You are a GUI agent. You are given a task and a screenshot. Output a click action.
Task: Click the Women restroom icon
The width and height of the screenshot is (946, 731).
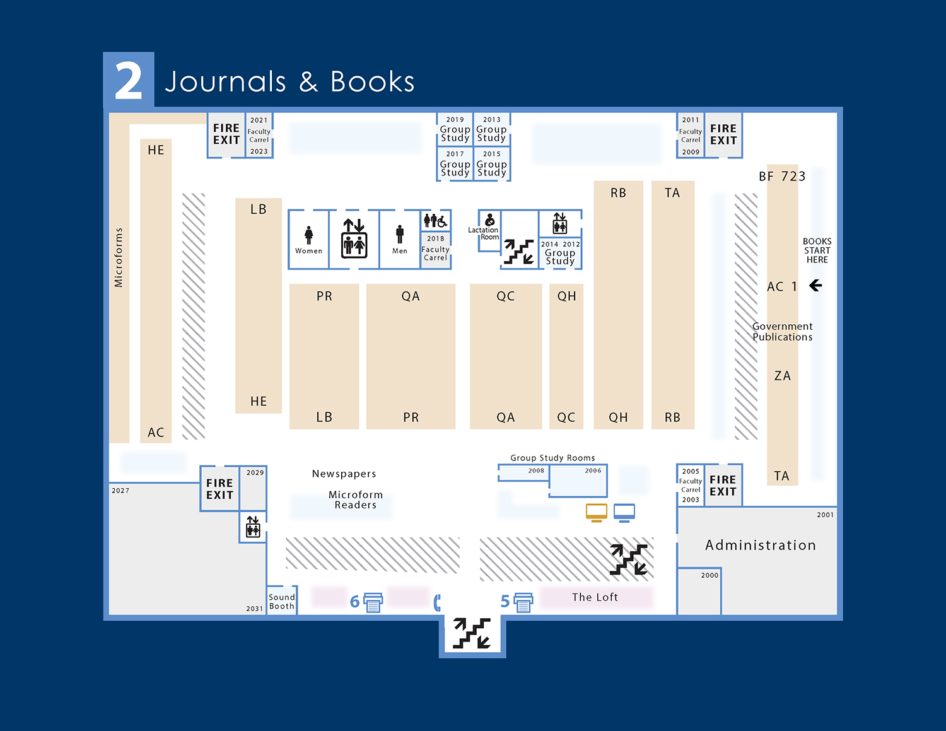[x=308, y=235]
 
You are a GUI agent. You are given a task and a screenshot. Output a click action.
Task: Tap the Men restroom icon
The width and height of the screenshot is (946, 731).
[x=400, y=234]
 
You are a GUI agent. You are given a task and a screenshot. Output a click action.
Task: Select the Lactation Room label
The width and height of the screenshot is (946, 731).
[x=483, y=233]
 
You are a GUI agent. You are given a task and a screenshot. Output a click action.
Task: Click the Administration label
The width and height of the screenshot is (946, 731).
[x=760, y=545]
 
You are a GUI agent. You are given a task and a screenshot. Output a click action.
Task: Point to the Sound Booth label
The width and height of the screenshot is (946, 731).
[x=281, y=602]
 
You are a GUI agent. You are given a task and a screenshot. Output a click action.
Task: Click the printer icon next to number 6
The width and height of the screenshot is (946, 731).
[x=373, y=602]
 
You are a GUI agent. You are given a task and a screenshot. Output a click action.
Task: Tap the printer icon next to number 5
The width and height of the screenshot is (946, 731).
[x=523, y=602]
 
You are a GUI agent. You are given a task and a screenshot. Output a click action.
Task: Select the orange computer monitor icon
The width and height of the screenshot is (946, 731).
[x=596, y=513]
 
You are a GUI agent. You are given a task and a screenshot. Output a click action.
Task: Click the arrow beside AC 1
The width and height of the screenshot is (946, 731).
[x=815, y=286]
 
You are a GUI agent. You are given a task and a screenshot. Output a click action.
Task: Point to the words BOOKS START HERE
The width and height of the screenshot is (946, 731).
[x=817, y=250]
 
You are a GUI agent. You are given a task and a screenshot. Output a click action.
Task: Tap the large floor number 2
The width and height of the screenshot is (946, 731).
[x=129, y=81]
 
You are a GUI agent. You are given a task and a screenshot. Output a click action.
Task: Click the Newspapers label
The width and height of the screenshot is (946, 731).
[x=344, y=474]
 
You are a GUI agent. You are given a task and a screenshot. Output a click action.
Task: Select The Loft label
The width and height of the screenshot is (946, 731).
[x=595, y=597]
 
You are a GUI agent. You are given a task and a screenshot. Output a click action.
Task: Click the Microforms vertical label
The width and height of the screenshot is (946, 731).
[x=119, y=257]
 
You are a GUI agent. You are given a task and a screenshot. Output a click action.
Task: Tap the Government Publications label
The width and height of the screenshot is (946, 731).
[x=782, y=332]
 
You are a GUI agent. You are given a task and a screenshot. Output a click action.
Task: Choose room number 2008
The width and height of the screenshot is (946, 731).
[x=536, y=471]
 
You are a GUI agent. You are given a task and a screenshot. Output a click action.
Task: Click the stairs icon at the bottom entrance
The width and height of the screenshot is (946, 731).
[x=472, y=633]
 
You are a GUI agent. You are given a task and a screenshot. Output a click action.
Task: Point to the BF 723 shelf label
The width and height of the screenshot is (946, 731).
[x=782, y=177]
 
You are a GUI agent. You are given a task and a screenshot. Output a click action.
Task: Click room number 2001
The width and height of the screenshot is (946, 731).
[x=825, y=515]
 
